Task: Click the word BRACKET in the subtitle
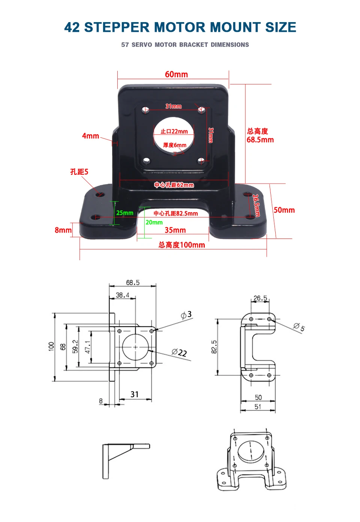(x=193, y=45)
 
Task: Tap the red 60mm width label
(x=176, y=74)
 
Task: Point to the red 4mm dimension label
(x=90, y=136)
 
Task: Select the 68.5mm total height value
(x=260, y=140)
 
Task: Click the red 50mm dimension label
(x=284, y=210)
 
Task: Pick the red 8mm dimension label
(x=63, y=230)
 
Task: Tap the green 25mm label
(x=124, y=213)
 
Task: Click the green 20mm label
(x=154, y=222)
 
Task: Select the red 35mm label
(x=175, y=230)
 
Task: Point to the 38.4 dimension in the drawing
(x=122, y=295)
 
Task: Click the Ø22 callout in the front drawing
(x=179, y=352)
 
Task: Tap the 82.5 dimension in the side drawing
(x=214, y=347)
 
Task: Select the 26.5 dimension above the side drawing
(x=260, y=298)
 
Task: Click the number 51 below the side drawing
(x=258, y=406)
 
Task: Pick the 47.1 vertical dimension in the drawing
(x=87, y=347)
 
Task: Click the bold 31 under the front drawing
(x=135, y=394)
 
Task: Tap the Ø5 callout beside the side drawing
(x=299, y=327)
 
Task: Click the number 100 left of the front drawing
(x=51, y=346)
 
